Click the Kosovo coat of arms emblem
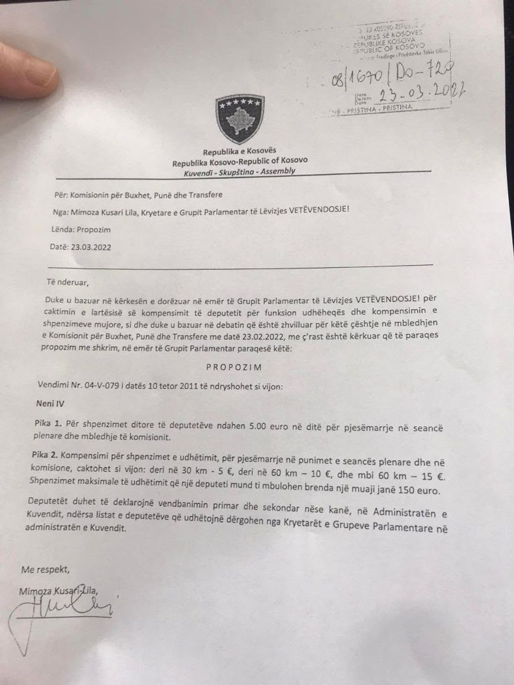point(240,118)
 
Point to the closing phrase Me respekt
point(45,569)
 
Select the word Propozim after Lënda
point(94,230)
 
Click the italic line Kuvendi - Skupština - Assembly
point(239,171)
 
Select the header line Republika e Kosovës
point(239,151)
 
